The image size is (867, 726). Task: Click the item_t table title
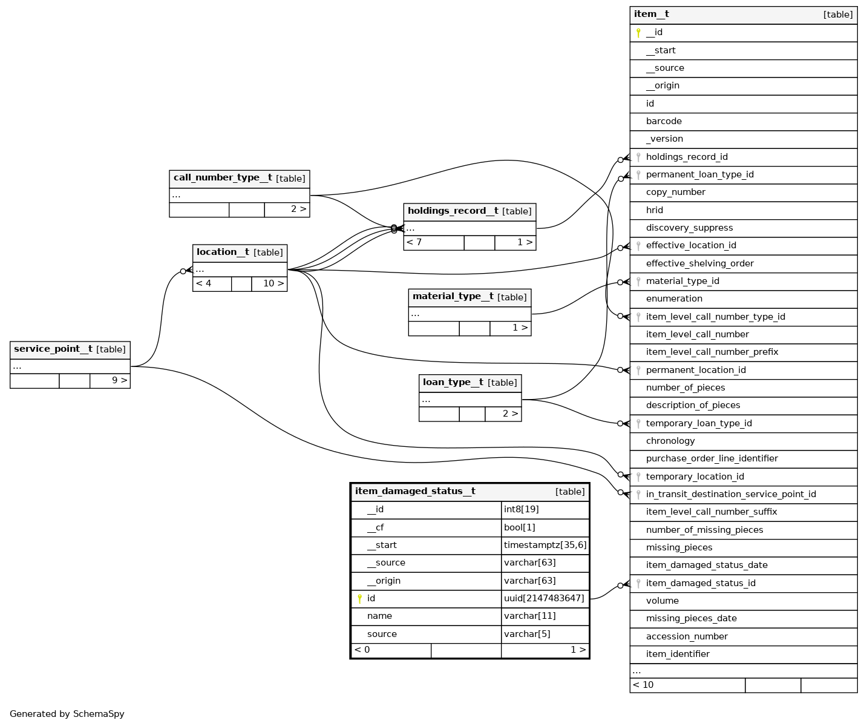[x=652, y=15]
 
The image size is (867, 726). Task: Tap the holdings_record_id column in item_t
[x=687, y=157]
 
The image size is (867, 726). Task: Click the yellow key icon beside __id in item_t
[x=638, y=33]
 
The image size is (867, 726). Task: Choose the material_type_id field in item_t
[x=682, y=281]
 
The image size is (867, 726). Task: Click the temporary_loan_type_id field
[x=699, y=423]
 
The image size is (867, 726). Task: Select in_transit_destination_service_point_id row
[x=731, y=494]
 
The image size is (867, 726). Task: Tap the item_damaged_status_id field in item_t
[x=701, y=583]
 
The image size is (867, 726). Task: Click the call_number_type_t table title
[x=223, y=178]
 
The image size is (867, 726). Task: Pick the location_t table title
[x=223, y=252]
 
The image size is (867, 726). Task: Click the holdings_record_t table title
[x=453, y=211]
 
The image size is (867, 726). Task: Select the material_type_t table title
[x=453, y=297]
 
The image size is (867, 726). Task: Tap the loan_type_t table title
[x=453, y=382]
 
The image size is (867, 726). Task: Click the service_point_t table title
[x=53, y=349]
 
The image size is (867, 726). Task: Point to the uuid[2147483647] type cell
[x=544, y=598]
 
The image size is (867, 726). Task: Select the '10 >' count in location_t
[x=273, y=283]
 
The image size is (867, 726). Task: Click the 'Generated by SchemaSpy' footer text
[x=67, y=714]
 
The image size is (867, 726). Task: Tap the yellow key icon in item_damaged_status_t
[x=359, y=599]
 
